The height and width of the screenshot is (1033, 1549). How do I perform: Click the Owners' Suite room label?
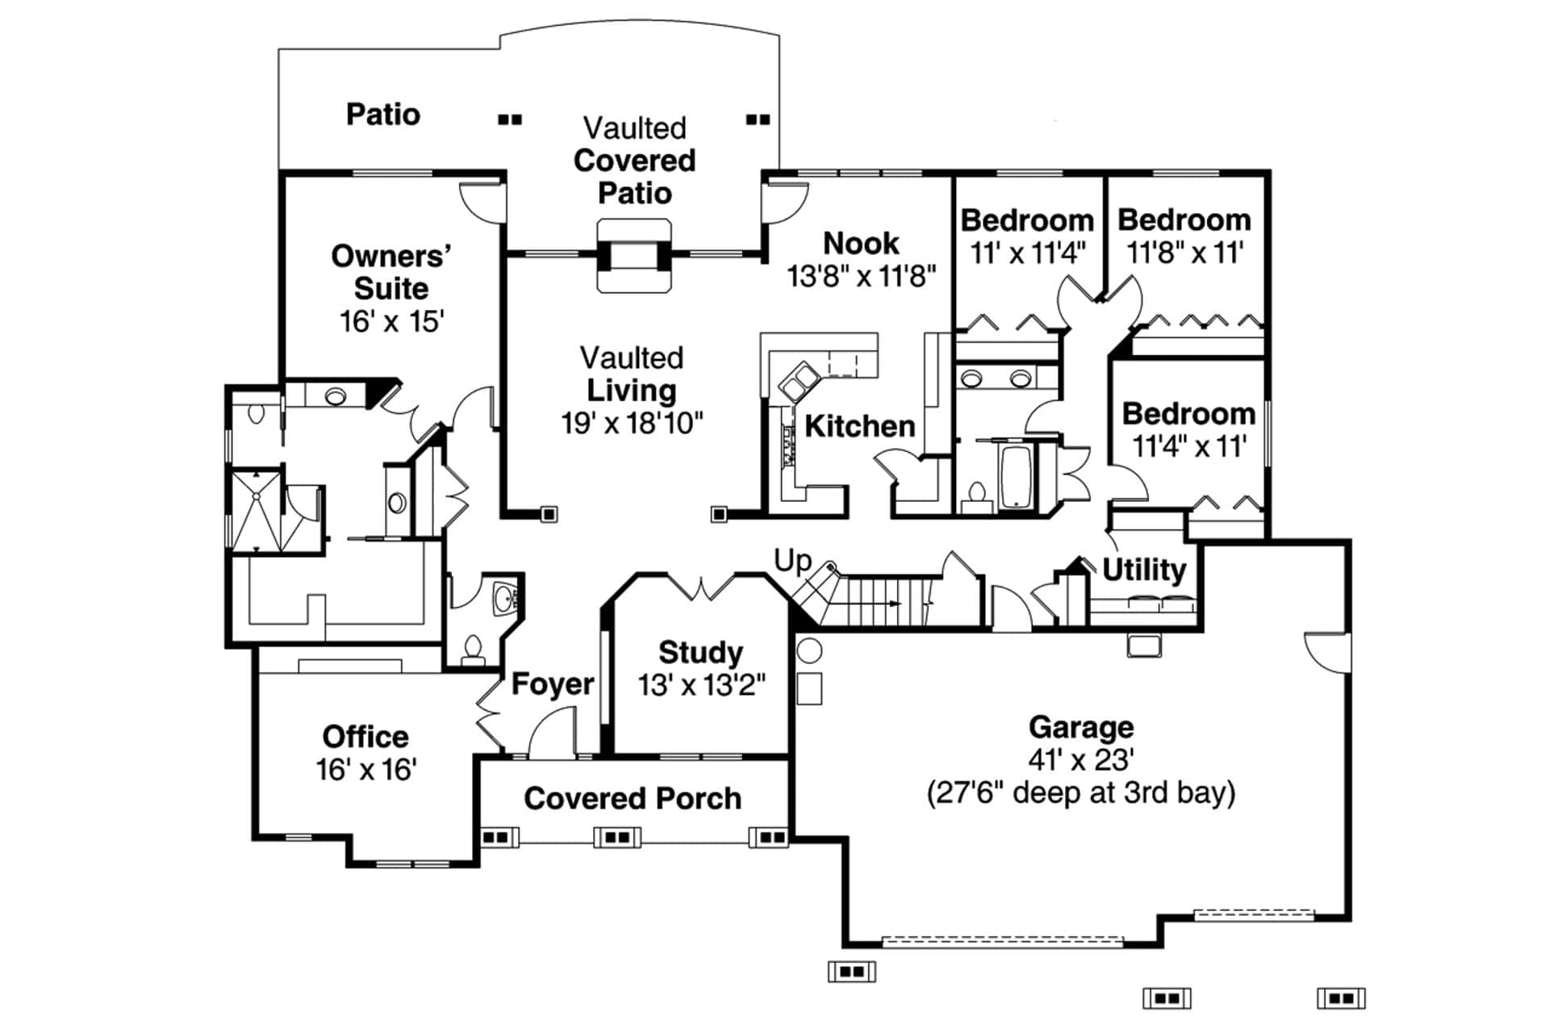[391, 272]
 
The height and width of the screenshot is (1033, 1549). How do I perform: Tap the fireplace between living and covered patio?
[633, 256]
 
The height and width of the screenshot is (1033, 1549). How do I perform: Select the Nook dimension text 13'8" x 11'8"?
[861, 276]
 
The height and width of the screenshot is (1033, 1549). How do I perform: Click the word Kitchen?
[860, 426]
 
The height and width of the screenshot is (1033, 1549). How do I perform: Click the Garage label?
[1080, 727]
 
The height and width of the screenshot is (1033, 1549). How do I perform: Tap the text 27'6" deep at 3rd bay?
[1080, 793]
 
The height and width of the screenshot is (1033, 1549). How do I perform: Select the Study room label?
[700, 652]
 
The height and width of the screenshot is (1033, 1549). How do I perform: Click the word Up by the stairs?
[792, 560]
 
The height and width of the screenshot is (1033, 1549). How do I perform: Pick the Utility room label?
[1143, 570]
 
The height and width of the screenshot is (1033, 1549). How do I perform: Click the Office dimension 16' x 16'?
[365, 770]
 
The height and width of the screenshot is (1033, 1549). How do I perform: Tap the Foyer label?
[553, 684]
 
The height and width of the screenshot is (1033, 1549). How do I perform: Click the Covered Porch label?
[633, 798]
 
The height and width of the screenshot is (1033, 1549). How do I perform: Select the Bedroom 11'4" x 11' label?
[1188, 414]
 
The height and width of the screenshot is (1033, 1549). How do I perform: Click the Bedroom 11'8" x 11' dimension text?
[1184, 253]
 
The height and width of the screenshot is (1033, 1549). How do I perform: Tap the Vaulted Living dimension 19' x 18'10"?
[632, 423]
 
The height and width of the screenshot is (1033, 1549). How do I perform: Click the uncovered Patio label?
[383, 115]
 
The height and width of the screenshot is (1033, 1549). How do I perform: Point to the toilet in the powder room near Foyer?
[472, 648]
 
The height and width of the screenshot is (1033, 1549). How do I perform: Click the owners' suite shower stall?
[257, 510]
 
